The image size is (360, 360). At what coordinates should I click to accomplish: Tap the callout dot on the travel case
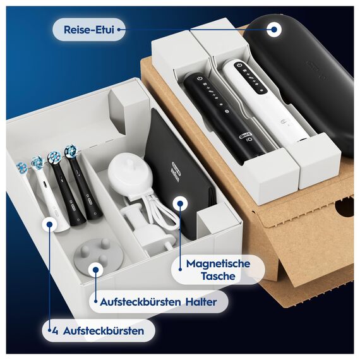click(x=274, y=28)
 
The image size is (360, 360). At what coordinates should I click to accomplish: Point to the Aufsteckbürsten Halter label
click(x=158, y=302)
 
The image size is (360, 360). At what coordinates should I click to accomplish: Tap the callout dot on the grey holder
click(x=95, y=270)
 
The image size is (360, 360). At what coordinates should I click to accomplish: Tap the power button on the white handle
click(x=235, y=66)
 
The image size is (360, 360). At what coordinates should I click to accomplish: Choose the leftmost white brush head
click(x=23, y=167)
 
